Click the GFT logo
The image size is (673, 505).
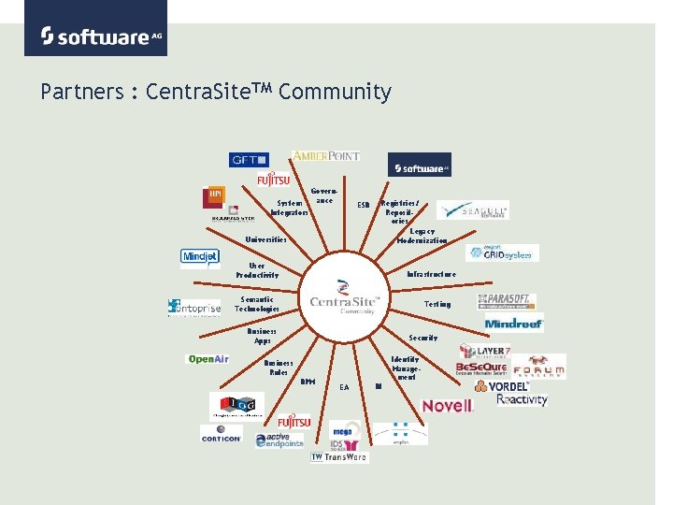click(249, 159)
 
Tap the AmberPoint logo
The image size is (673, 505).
click(325, 156)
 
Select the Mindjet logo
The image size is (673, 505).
click(199, 257)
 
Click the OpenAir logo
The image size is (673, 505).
click(208, 359)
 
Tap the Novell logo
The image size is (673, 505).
click(448, 406)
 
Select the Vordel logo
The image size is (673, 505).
click(502, 385)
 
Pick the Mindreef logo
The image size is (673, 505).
click(513, 324)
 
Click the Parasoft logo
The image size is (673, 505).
click(506, 300)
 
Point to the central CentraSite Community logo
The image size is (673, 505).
click(344, 296)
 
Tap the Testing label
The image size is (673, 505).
click(437, 304)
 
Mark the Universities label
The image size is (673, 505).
click(265, 239)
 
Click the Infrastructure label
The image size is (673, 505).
click(431, 274)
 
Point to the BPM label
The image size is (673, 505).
click(307, 381)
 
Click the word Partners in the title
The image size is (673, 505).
click(82, 92)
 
